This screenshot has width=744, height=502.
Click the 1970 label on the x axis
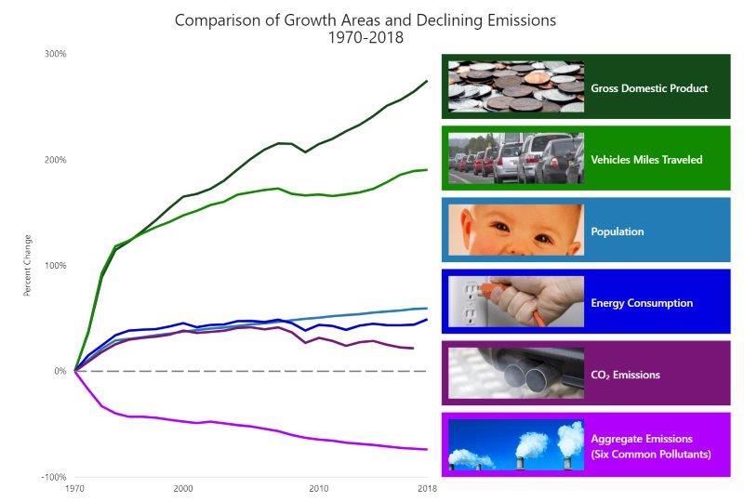[x=74, y=488]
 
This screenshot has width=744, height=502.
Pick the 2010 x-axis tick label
[x=319, y=488]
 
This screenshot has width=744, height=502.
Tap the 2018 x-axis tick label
[x=427, y=488]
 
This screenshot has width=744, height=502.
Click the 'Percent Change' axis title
[x=28, y=265]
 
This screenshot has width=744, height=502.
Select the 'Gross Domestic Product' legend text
[x=649, y=88]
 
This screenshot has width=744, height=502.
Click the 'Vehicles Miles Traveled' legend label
[x=646, y=160]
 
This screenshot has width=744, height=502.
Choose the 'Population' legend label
[x=618, y=231]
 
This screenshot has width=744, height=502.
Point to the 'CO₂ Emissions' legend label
[x=625, y=375]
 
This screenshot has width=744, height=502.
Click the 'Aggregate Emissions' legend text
[x=642, y=438]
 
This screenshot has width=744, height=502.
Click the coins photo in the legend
[x=515, y=86]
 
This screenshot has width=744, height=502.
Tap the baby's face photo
[x=515, y=230]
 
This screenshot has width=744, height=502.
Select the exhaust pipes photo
[x=515, y=373]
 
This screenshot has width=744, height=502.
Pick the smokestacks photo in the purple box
[x=515, y=444]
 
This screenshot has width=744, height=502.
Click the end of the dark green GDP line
[x=427, y=81]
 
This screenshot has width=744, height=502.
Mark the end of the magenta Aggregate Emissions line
[x=427, y=449]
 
